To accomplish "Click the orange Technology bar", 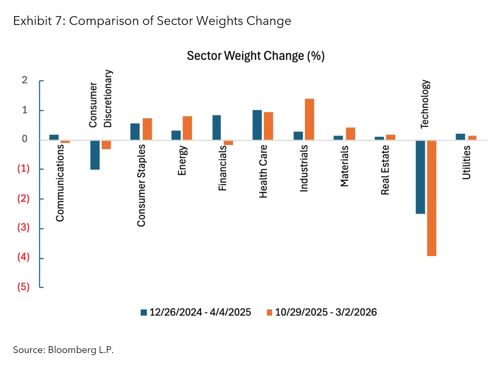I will tap(431, 198).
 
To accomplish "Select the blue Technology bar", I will tap(420, 177).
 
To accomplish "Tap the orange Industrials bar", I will tap(310, 119).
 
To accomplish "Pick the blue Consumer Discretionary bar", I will tap(95, 154).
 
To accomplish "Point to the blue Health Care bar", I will tap(257, 125).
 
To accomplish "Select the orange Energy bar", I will tap(188, 128).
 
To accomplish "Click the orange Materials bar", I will tap(350, 134).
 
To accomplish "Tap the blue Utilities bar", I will tap(460, 137).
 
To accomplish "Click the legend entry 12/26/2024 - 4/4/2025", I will tap(196, 312).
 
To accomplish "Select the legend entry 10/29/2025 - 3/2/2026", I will tap(322, 312).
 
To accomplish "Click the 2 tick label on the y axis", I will tap(24, 81).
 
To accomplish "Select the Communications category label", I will tap(60, 183).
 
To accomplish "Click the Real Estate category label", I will tap(385, 169).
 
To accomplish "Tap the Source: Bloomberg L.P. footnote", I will tap(63, 350).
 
